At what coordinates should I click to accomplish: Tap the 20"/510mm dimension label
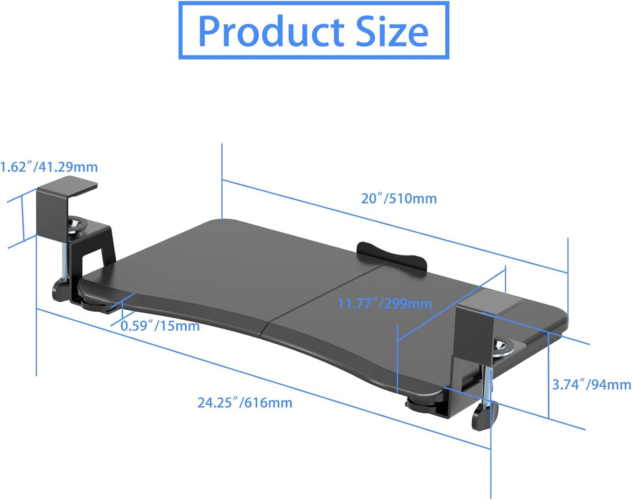398,199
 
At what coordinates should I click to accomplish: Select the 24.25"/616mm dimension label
245,402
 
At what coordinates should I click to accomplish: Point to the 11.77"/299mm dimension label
385,304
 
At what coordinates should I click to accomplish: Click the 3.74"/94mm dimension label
591,385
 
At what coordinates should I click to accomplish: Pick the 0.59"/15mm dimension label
160,326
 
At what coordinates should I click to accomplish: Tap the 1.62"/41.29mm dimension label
49,167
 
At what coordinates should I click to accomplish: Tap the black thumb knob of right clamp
484,417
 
